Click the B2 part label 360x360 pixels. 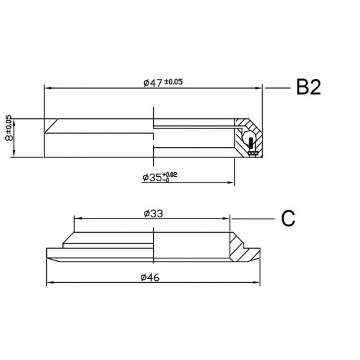click(x=308, y=88)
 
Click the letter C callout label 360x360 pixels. click(x=289, y=219)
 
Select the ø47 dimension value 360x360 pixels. click(x=153, y=82)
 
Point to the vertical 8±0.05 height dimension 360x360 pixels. click(x=8, y=137)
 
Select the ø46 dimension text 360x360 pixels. click(x=151, y=277)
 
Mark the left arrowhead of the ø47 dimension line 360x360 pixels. click(x=47, y=88)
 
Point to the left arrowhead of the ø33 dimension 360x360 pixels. click(x=78, y=219)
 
